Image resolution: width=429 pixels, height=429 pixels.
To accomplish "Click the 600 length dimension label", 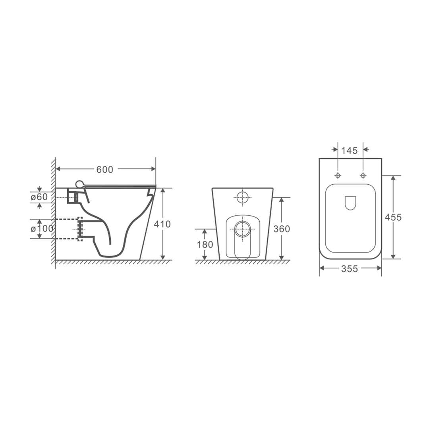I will [105, 170].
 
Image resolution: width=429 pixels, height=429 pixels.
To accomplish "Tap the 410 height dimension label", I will [162, 224].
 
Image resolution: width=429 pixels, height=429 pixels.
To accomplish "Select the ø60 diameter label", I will [39, 197].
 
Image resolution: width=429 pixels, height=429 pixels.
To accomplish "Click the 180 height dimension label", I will [205, 245].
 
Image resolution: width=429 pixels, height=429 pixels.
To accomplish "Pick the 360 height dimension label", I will [281, 229].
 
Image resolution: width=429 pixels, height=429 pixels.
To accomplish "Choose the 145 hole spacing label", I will [350, 151].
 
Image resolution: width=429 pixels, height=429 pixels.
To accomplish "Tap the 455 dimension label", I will [393, 217].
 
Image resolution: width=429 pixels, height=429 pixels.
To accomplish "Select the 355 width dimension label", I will [350, 269].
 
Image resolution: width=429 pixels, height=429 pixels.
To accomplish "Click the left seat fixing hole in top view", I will [338, 176].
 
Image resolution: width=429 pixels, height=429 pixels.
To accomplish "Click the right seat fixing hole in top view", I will [363, 176].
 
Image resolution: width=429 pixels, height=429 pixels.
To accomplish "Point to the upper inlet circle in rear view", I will [242, 197].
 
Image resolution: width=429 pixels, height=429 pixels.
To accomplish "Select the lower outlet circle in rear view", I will [242, 229].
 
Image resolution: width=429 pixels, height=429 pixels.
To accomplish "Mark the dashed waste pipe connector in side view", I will [80, 229].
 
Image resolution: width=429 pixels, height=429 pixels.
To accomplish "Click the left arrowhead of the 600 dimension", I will [58, 169].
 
